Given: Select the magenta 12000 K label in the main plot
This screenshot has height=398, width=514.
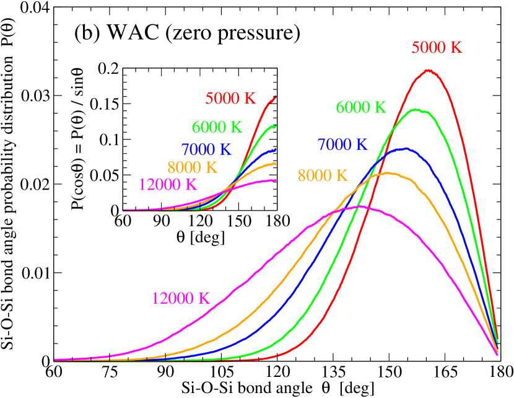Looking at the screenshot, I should [178, 298].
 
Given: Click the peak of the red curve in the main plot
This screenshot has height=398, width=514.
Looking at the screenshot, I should [427, 70].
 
